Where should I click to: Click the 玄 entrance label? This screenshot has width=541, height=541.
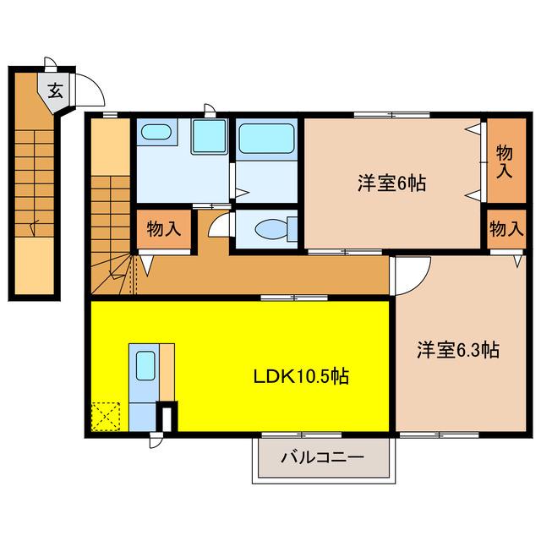(55, 90)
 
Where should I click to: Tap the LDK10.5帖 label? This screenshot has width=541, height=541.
(301, 376)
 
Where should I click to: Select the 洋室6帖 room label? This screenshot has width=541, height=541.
(391, 183)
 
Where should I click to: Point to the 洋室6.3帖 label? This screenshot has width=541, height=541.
(458, 350)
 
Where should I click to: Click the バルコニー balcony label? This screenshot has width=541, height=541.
(323, 458)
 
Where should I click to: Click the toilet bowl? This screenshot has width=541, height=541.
(271, 229)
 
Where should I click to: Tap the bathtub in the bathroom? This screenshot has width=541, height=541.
(266, 139)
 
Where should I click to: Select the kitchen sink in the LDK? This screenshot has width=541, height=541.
(145, 366)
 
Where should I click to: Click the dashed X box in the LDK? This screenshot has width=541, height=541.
(106, 417)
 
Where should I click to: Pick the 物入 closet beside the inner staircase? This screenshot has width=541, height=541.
(164, 229)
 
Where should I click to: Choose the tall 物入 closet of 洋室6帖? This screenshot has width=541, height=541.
(506, 161)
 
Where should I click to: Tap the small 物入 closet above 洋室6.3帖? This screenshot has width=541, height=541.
(506, 229)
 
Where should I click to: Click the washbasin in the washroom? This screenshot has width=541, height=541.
(156, 132)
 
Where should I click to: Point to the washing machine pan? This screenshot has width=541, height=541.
(210, 136)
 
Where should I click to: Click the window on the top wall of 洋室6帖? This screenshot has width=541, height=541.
(391, 115)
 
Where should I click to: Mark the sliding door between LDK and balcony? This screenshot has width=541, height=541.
(302, 434)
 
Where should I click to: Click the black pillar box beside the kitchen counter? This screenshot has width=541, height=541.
(167, 417)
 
